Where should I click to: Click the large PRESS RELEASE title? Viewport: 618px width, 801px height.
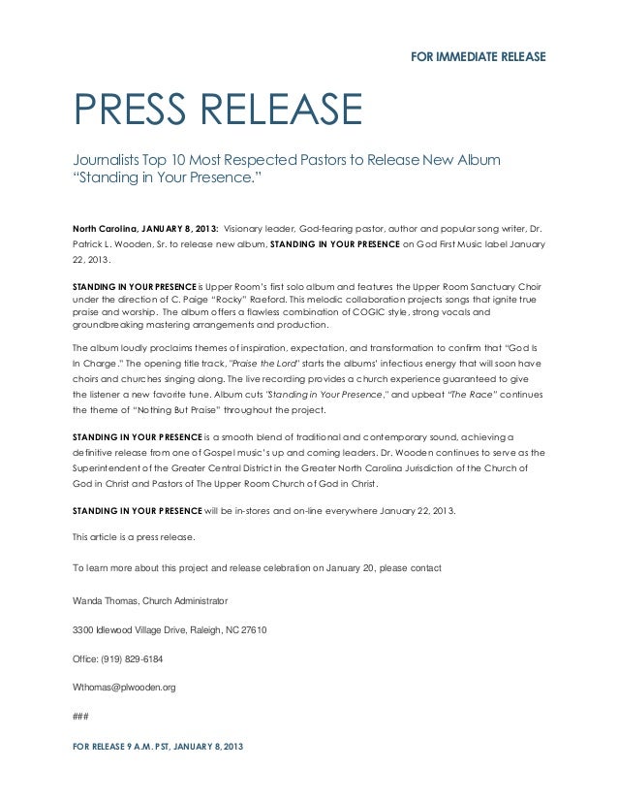point(213,115)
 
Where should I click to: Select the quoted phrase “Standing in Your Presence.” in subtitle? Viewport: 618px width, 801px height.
point(164,178)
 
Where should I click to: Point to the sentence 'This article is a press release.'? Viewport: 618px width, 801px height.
point(134,535)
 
